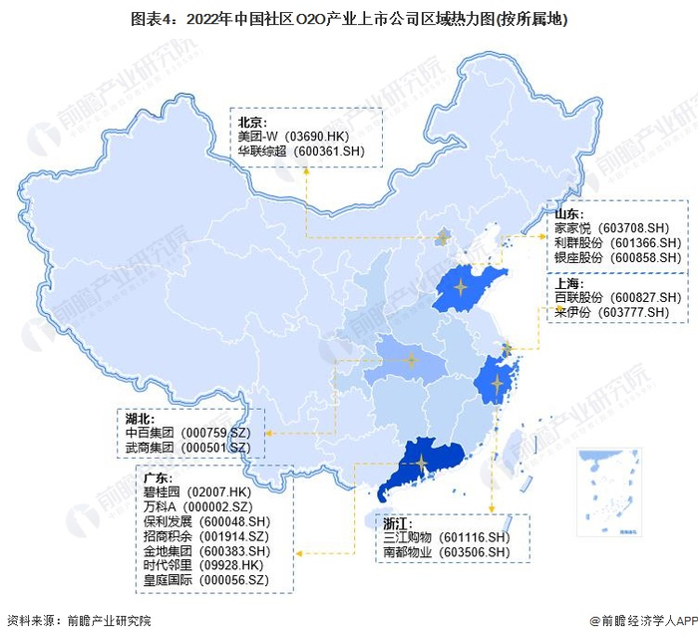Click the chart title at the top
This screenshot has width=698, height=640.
pyautogui.click(x=349, y=18)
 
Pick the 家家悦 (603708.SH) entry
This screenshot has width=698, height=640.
pyautogui.click(x=618, y=228)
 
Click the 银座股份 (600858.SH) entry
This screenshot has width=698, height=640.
pyautogui.click(x=618, y=256)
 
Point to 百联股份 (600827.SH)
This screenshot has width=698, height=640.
pyautogui.click(x=618, y=297)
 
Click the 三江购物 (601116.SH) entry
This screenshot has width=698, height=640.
pyautogui.click(x=447, y=536)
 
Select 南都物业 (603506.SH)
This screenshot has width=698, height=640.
pyautogui.click(x=447, y=551)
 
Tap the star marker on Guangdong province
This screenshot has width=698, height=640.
pyautogui.click(x=423, y=463)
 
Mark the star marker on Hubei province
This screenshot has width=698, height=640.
pyautogui.click(x=410, y=361)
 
